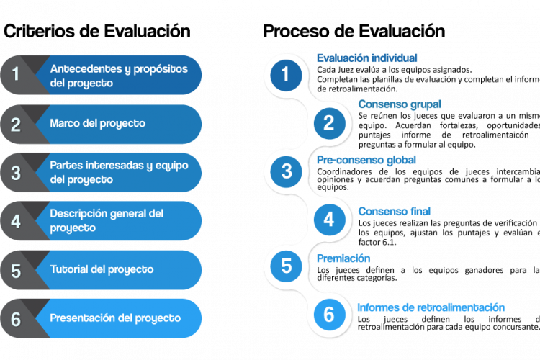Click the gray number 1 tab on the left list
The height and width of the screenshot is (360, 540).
tap(16, 73)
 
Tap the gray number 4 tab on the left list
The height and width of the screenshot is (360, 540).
tap(16, 221)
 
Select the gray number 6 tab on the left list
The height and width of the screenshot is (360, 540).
tap(16, 318)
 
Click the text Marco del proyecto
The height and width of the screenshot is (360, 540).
tap(97, 123)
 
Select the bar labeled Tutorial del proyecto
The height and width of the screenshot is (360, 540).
tap(119, 270)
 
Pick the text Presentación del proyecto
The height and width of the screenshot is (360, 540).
tap(115, 318)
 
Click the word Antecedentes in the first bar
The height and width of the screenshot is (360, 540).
tap(81, 68)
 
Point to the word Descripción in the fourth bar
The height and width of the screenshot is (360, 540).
tap(78, 214)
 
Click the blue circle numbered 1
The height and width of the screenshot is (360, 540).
tap(286, 74)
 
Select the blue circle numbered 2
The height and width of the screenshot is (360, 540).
tap(328, 123)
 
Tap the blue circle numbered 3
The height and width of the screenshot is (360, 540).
tap(286, 171)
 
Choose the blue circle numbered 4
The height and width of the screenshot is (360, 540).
tap(328, 219)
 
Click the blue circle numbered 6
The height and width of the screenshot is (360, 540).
tap(328, 315)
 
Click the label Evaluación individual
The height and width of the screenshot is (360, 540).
tap(366, 58)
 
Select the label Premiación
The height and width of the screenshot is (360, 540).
tap(343, 258)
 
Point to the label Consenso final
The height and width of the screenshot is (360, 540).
tap(395, 212)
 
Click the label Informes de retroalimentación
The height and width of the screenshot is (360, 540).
tap(431, 307)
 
